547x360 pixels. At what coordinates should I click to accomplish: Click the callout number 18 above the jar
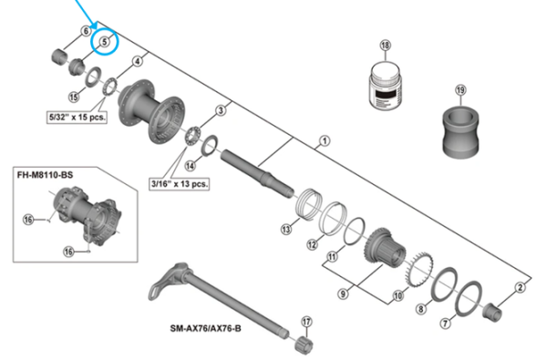pyautogui.click(x=385, y=46)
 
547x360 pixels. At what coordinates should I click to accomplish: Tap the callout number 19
pyautogui.click(x=460, y=89)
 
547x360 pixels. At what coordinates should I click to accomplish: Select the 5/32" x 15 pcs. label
pyautogui.click(x=77, y=118)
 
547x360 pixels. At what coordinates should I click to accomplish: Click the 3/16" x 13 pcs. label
pyautogui.click(x=178, y=183)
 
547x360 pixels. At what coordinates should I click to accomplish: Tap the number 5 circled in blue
pyautogui.click(x=105, y=40)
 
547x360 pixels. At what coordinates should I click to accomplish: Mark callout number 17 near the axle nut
pyautogui.click(x=306, y=321)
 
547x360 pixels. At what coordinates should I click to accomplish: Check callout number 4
pyautogui.click(x=137, y=61)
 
